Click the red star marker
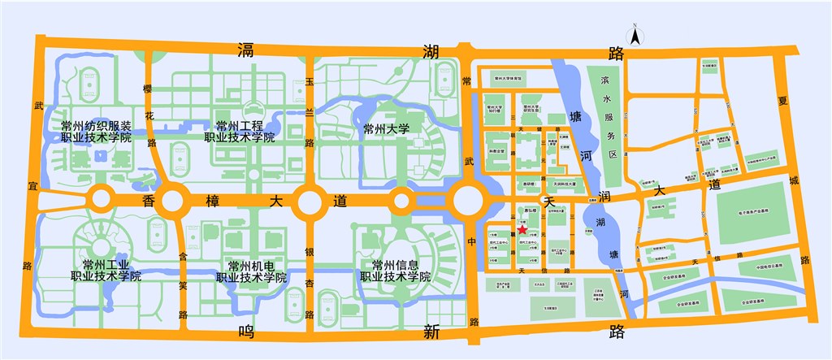[521, 231]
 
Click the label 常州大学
[387, 128]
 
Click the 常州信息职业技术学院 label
[395, 271]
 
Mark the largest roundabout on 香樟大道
[471, 200]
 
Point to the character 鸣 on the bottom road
[248, 330]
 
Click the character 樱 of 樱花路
[149, 89]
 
